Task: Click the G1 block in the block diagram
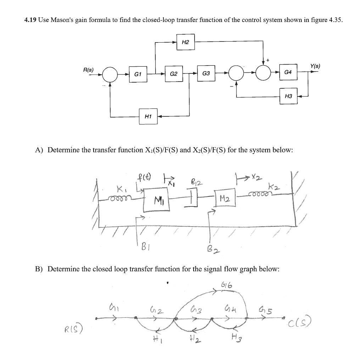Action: coord(138,74)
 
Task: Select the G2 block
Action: coord(174,74)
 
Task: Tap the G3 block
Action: coord(206,74)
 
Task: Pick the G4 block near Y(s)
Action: coord(288,72)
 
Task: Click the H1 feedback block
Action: coord(148,116)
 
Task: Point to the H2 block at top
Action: coord(185,42)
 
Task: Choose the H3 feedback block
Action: coord(288,96)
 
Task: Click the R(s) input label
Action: coord(88,70)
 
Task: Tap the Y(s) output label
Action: coord(314,66)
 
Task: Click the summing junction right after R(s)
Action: coord(110,74)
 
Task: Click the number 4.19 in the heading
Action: coord(30,20)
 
